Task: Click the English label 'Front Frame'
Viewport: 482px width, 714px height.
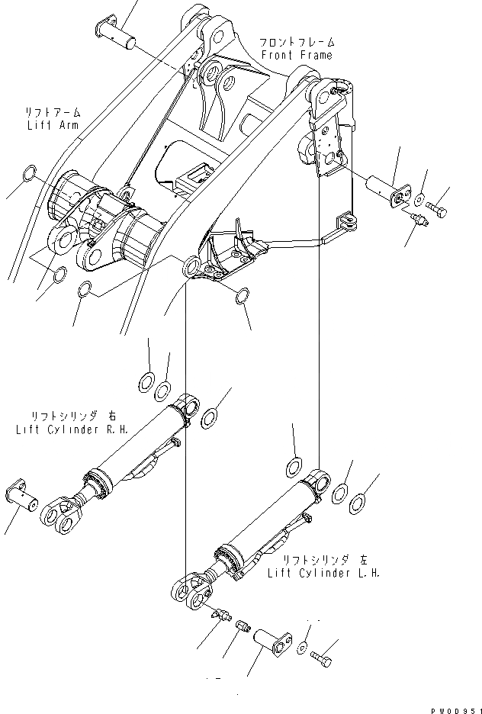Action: click(297, 56)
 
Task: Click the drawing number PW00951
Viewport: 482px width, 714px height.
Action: click(453, 708)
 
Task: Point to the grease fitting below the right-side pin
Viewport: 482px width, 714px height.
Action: click(417, 220)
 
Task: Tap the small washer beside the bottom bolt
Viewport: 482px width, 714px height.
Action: click(304, 648)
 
